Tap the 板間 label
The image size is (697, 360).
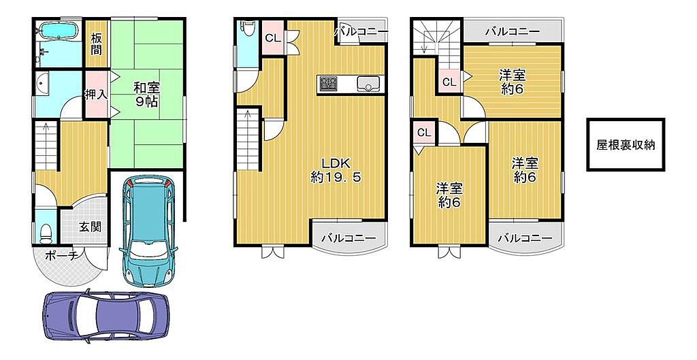click(97, 44)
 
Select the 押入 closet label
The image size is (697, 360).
click(96, 95)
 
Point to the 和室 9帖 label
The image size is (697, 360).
click(146, 95)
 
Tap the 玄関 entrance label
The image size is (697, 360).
click(91, 227)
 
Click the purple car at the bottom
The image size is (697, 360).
click(106, 315)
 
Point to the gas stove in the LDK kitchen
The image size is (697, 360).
click(329, 83)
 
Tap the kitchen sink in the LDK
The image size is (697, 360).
click(368, 82)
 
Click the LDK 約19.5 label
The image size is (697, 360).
click(336, 169)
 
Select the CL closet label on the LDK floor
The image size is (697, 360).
click(273, 38)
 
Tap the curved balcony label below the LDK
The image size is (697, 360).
click(348, 238)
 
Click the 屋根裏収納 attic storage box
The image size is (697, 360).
click(626, 144)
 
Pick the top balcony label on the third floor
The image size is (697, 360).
click(513, 31)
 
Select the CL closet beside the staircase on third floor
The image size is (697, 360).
click(450, 82)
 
